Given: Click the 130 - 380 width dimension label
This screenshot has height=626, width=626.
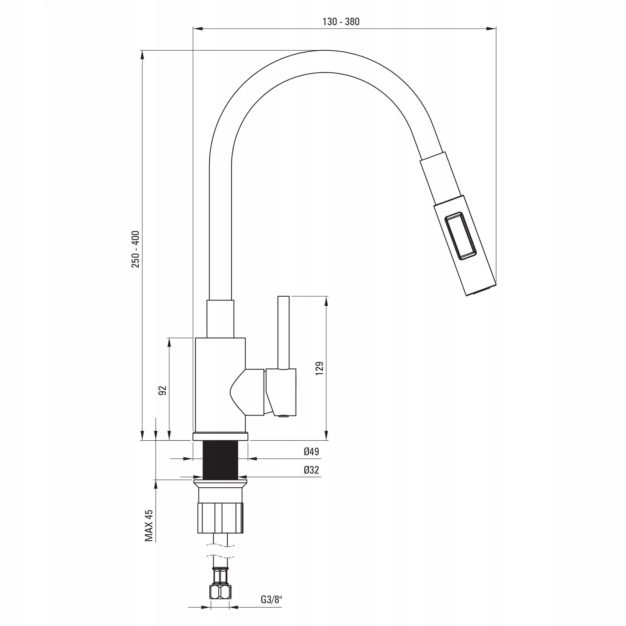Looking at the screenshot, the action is (341, 22).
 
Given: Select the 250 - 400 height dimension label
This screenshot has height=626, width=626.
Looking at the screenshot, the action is (135, 249).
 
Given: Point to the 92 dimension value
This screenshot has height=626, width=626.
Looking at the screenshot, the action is (162, 391).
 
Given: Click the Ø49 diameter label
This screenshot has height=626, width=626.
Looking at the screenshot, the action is (311, 451).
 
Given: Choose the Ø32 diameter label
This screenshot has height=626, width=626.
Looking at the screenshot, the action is (311, 470).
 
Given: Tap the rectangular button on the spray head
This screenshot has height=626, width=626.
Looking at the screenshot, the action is (460, 235).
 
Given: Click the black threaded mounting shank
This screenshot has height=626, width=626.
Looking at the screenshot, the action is (220, 460).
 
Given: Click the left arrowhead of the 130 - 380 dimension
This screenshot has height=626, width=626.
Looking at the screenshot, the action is (198, 29).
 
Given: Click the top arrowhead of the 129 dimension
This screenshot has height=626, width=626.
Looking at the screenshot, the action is (326, 301).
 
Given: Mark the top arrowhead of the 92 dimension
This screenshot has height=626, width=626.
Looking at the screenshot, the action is (169, 343).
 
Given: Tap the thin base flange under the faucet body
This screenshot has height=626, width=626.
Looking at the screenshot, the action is (220, 436).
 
